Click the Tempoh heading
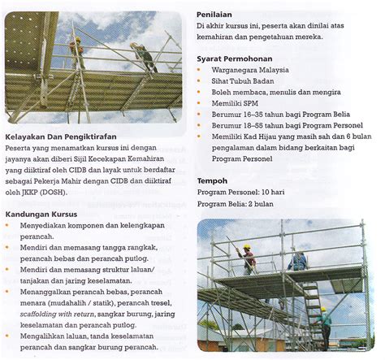(x=213, y=180)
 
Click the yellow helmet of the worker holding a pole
(x=246, y=248)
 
